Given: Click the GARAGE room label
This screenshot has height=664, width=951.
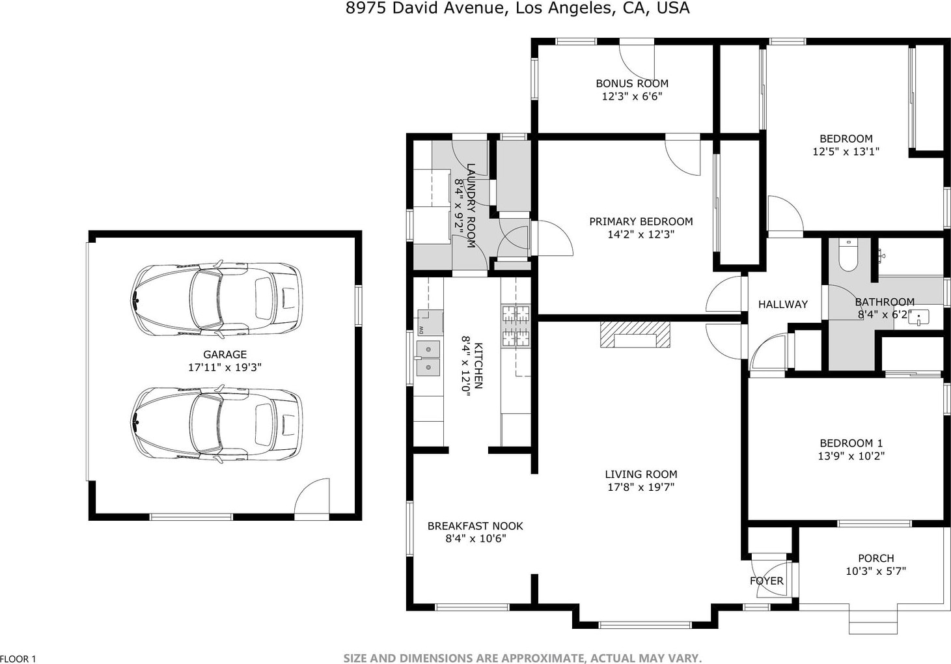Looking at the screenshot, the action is [225, 354].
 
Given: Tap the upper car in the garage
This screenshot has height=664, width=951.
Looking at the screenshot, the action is [217, 299].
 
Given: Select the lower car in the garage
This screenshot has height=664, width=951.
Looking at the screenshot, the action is [217, 424].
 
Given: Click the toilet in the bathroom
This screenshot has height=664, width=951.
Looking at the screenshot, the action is [848, 255].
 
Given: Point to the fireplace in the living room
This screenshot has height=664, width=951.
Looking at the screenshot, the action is [635, 335].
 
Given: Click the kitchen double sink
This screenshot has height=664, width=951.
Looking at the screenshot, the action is [428, 358].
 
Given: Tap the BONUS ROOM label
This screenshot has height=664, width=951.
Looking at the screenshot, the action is [632, 83].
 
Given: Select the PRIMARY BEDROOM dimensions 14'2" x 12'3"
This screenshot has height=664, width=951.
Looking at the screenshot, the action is [641, 234].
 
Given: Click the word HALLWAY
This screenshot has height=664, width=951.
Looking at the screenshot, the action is [783, 304].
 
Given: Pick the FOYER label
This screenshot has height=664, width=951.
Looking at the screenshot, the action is [767, 581].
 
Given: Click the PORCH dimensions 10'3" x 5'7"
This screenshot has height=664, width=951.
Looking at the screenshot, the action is [876, 571].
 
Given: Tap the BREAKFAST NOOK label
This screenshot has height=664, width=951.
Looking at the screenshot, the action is [475, 526].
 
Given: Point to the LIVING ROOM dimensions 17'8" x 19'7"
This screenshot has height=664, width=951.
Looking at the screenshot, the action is [641, 487].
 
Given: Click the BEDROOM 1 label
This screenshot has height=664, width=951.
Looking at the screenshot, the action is [851, 443].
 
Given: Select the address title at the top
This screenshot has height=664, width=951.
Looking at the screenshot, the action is [517, 8].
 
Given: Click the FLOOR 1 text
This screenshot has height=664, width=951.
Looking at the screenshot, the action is [18, 659].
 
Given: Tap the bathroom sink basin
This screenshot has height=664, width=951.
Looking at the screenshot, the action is [918, 318].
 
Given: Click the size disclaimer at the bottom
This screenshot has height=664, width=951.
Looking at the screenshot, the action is [523, 658].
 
